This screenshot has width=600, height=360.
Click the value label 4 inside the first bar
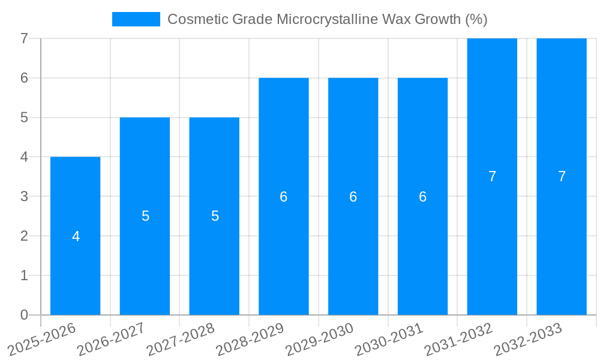(76, 236)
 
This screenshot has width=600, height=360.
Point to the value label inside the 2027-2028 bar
(215, 216)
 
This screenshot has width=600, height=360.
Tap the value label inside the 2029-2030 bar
(353, 197)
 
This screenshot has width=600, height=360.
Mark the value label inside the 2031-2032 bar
(492, 176)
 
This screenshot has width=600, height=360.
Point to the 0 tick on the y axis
(24, 315)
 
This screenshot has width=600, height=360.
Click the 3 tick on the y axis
(24, 196)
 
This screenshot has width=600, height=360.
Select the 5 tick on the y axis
(24, 118)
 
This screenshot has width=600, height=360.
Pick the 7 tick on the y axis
(24, 38)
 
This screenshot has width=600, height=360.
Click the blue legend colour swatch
(136, 19)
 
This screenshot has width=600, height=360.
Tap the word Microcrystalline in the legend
(327, 19)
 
